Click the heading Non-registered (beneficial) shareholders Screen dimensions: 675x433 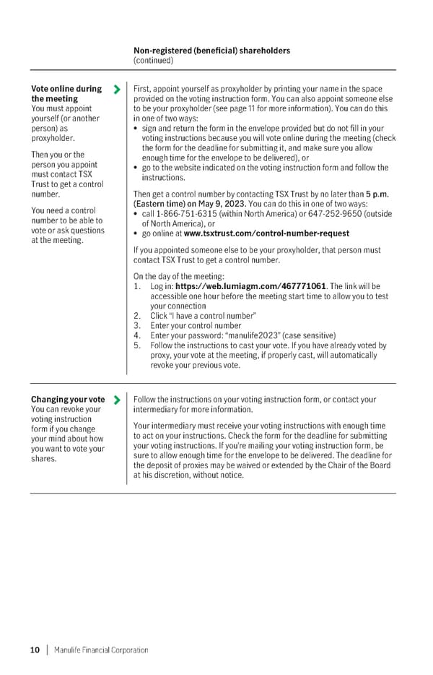pyautogui.click(x=212, y=51)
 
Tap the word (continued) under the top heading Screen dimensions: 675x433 pyautogui.click(x=154, y=61)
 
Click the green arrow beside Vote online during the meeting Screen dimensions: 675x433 pyautogui.click(x=117, y=90)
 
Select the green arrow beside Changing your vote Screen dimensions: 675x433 pyautogui.click(x=117, y=400)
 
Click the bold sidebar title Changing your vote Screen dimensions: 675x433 pyautogui.click(x=68, y=400)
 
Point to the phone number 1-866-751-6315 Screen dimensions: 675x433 pyautogui.click(x=183, y=213)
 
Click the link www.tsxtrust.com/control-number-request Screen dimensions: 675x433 pyautogui.click(x=266, y=233)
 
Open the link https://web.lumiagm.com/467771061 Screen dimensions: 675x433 pyautogui.click(x=250, y=287)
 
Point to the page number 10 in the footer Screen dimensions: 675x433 pyautogui.click(x=35, y=650)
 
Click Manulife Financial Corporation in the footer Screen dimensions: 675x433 pyautogui.click(x=101, y=650)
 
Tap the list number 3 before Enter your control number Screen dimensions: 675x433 pyautogui.click(x=136, y=325)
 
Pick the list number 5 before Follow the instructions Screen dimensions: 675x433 pyautogui.click(x=136, y=345)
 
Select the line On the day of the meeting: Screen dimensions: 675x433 pyautogui.click(x=179, y=276)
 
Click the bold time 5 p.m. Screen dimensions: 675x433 pyautogui.click(x=379, y=194)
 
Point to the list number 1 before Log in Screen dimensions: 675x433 pyautogui.click(x=136, y=287)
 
